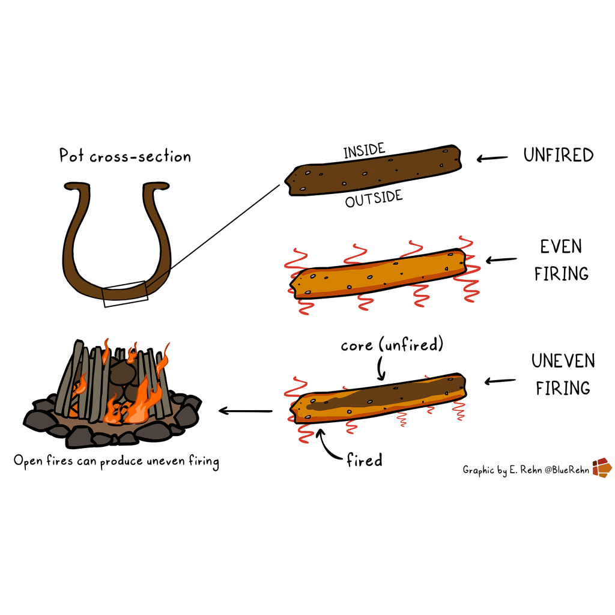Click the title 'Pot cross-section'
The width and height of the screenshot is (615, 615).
(x=125, y=157)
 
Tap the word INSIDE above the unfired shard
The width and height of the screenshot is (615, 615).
(x=364, y=151)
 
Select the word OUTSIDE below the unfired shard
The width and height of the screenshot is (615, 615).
(x=374, y=199)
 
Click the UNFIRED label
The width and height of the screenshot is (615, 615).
(x=558, y=156)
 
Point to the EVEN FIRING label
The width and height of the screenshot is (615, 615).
(x=561, y=260)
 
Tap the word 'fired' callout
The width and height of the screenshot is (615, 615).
(x=364, y=461)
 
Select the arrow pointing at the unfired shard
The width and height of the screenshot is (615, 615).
(x=491, y=159)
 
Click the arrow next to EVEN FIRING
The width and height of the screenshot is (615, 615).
(x=500, y=260)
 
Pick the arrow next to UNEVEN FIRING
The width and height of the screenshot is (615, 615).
(x=500, y=380)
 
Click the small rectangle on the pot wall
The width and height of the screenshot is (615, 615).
(x=126, y=294)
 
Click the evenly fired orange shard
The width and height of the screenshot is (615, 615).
(x=378, y=273)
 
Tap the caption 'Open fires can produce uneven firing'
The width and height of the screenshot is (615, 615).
(x=116, y=462)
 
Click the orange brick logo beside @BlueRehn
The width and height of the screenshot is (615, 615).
(x=602, y=468)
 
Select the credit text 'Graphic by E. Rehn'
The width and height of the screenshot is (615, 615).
(x=504, y=469)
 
